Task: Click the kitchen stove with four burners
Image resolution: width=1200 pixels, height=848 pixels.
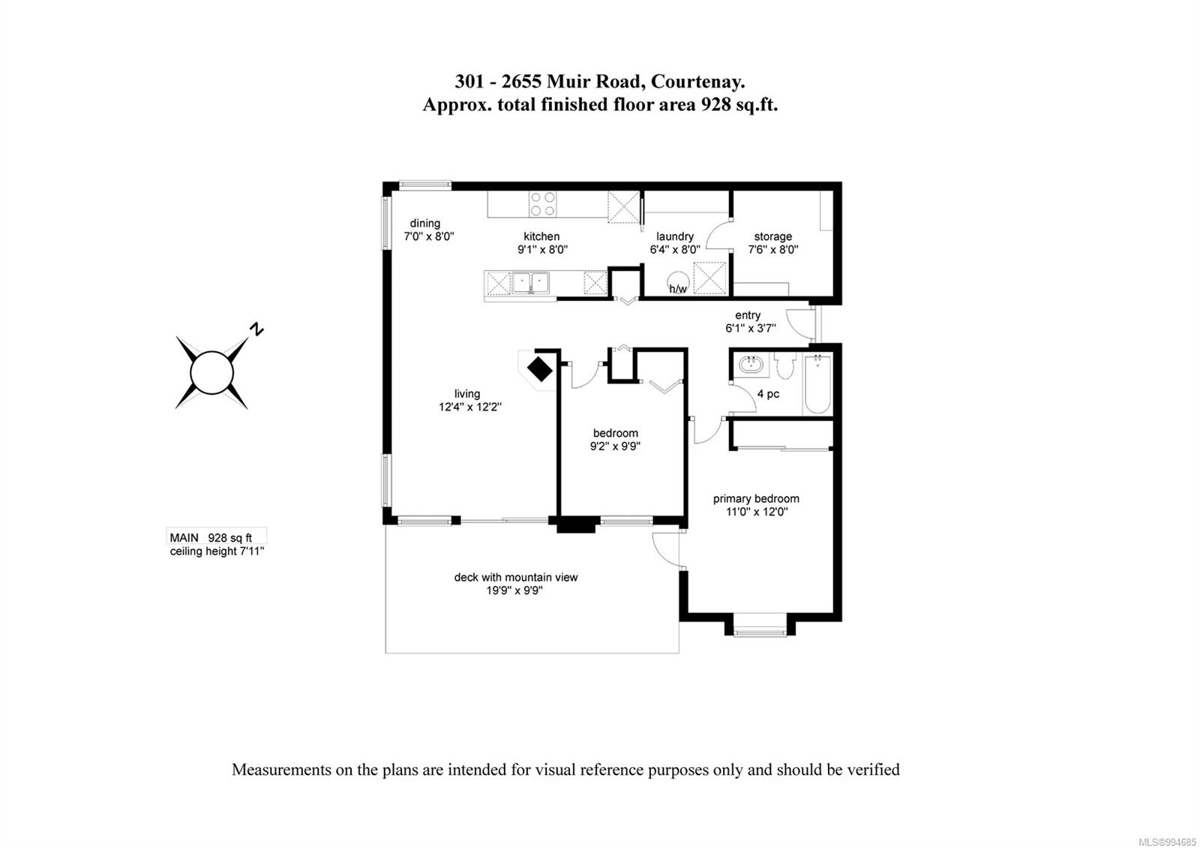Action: (542, 204)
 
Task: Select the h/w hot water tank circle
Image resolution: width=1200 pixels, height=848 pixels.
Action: (678, 282)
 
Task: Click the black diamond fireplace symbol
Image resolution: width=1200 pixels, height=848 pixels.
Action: (539, 368)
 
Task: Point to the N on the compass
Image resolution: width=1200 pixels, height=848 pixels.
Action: (257, 329)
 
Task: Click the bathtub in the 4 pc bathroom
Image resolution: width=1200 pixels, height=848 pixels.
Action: (817, 383)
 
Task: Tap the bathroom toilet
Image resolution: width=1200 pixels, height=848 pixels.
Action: (784, 365)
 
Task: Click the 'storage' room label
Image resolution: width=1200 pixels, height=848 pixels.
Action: (772, 236)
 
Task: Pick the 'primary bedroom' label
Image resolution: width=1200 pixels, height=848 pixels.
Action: (756, 498)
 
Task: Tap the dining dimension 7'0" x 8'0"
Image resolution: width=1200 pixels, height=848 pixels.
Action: (428, 236)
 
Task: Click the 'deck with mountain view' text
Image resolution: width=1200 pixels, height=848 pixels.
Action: (516, 577)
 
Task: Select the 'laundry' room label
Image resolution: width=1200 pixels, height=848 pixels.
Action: (675, 236)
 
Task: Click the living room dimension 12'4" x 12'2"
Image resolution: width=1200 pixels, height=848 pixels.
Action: (469, 407)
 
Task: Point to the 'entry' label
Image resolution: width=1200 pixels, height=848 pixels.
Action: (747, 315)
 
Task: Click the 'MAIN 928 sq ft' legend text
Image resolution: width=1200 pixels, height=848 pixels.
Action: (211, 537)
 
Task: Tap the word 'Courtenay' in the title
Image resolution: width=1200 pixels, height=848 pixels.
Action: (697, 82)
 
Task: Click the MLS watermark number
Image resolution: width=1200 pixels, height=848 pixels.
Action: (1170, 842)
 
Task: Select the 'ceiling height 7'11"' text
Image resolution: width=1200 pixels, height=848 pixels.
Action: (217, 551)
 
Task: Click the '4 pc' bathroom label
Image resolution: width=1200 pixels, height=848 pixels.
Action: (768, 394)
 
